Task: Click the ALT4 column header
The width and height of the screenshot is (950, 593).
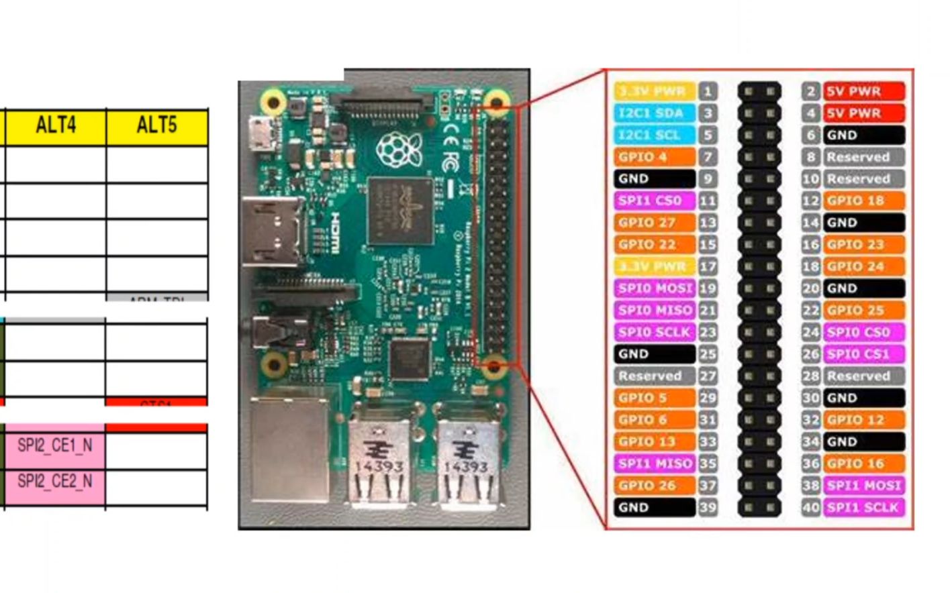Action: pos(56,126)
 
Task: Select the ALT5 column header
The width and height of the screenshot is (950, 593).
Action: pos(156,126)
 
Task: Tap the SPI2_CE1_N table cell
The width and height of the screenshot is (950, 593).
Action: pos(55,445)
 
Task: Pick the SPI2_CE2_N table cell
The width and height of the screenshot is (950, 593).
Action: pos(55,482)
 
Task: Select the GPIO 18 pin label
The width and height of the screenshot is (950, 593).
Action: pos(863,201)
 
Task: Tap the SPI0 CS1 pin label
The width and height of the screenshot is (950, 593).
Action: pos(863,354)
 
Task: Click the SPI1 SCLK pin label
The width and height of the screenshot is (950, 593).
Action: pos(863,508)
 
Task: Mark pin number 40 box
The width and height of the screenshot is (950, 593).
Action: pos(811,508)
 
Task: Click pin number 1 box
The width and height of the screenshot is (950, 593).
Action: pos(708,91)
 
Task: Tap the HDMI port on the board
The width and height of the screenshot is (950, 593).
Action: pos(271,231)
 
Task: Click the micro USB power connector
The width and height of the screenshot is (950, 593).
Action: pos(258,134)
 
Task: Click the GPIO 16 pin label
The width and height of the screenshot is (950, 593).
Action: pos(863,464)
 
